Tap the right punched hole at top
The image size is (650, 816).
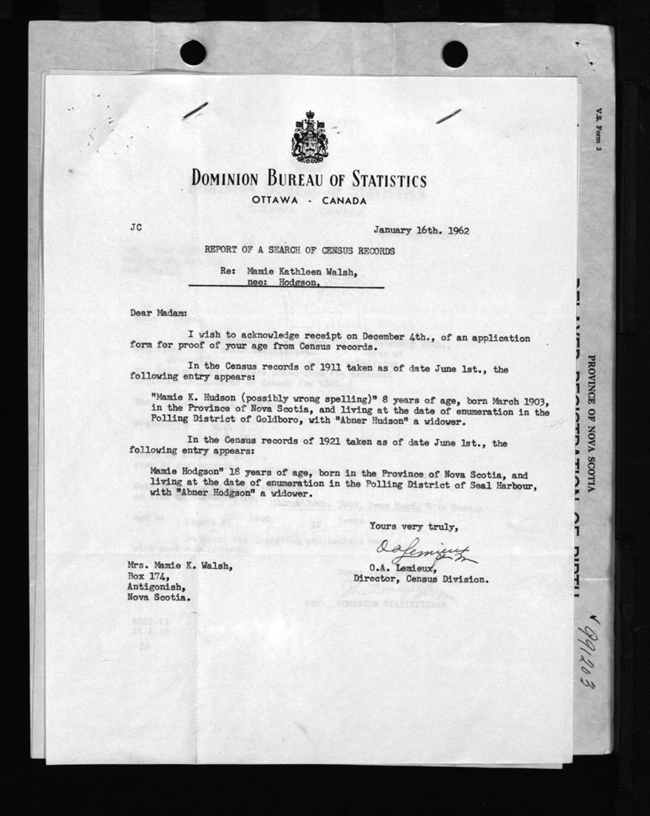454,53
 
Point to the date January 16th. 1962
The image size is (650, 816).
421,230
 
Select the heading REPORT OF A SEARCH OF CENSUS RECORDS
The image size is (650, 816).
299,250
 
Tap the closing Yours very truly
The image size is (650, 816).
413,526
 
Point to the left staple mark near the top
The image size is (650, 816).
195,110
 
